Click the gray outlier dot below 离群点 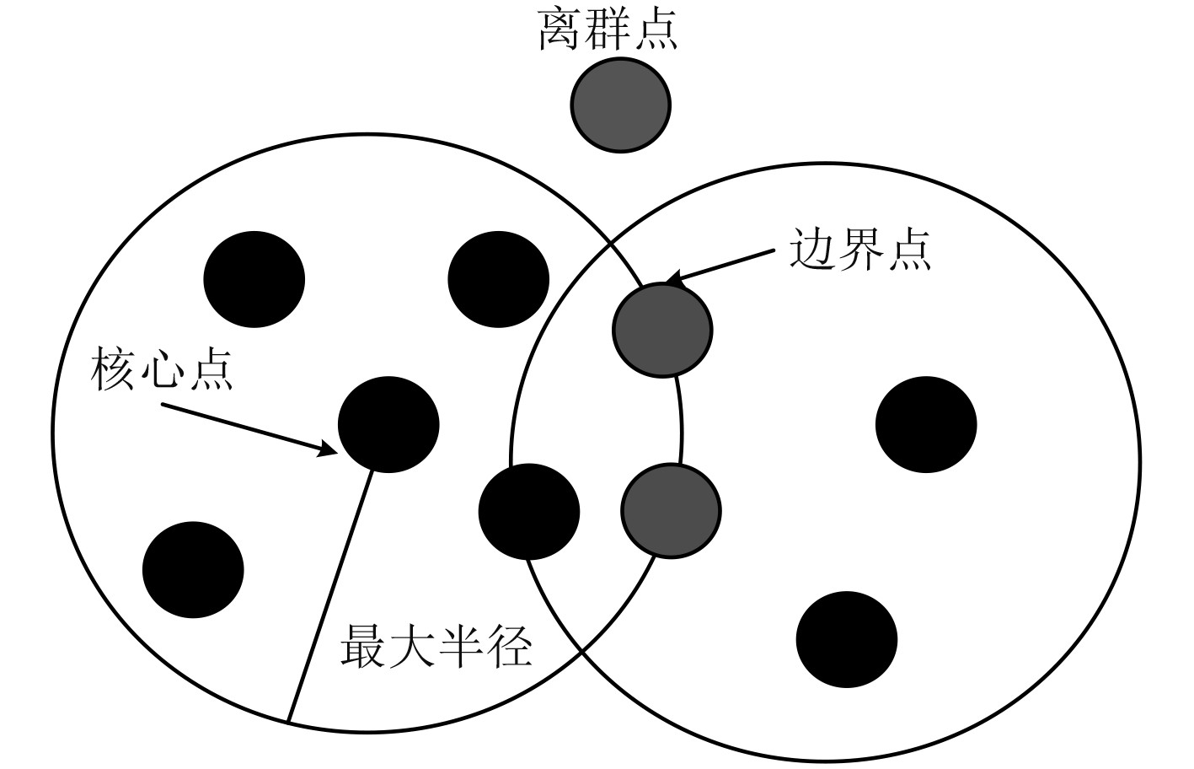pyautogui.click(x=621, y=105)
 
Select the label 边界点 pyautogui.click(x=859, y=250)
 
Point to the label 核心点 pyautogui.click(x=162, y=371)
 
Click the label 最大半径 pyautogui.click(x=436, y=647)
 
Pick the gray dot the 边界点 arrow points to pyautogui.click(x=662, y=330)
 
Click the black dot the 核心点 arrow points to pyautogui.click(x=388, y=424)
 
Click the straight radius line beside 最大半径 pyautogui.click(x=329, y=599)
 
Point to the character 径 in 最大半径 pyautogui.click(x=509, y=647)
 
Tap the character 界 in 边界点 pyautogui.click(x=859, y=250)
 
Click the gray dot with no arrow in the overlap pyautogui.click(x=671, y=510)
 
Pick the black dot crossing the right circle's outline pyautogui.click(x=529, y=511)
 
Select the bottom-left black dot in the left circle pyautogui.click(x=193, y=569)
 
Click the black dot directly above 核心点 pyautogui.click(x=254, y=278)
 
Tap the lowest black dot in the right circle pyautogui.click(x=847, y=639)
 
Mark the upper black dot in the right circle pyautogui.click(x=926, y=424)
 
